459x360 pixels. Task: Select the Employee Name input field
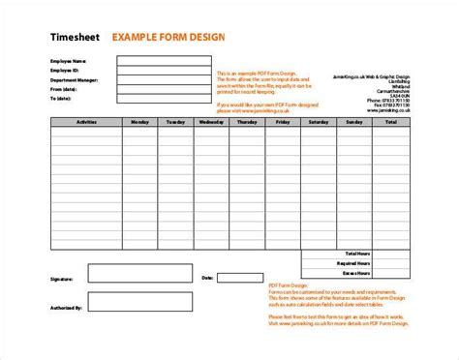tap(164, 60)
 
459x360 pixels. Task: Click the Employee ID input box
tap(164, 70)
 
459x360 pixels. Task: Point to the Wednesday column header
tap(206, 122)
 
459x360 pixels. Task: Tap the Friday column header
tap(281, 122)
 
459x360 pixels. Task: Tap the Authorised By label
tap(65, 310)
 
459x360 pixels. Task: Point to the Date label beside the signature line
tap(206, 278)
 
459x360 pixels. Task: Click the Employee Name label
tap(67, 60)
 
